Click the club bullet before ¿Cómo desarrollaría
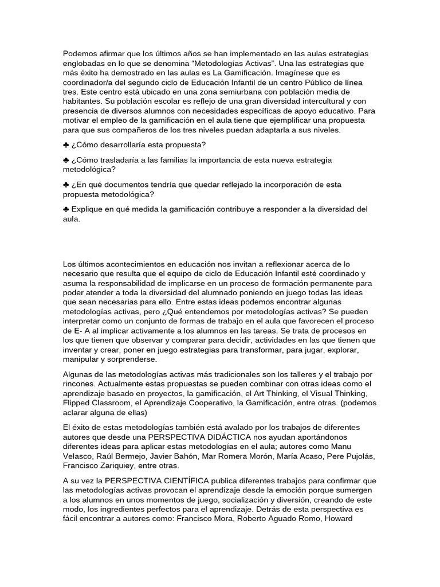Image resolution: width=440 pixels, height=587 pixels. [x=66, y=144]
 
